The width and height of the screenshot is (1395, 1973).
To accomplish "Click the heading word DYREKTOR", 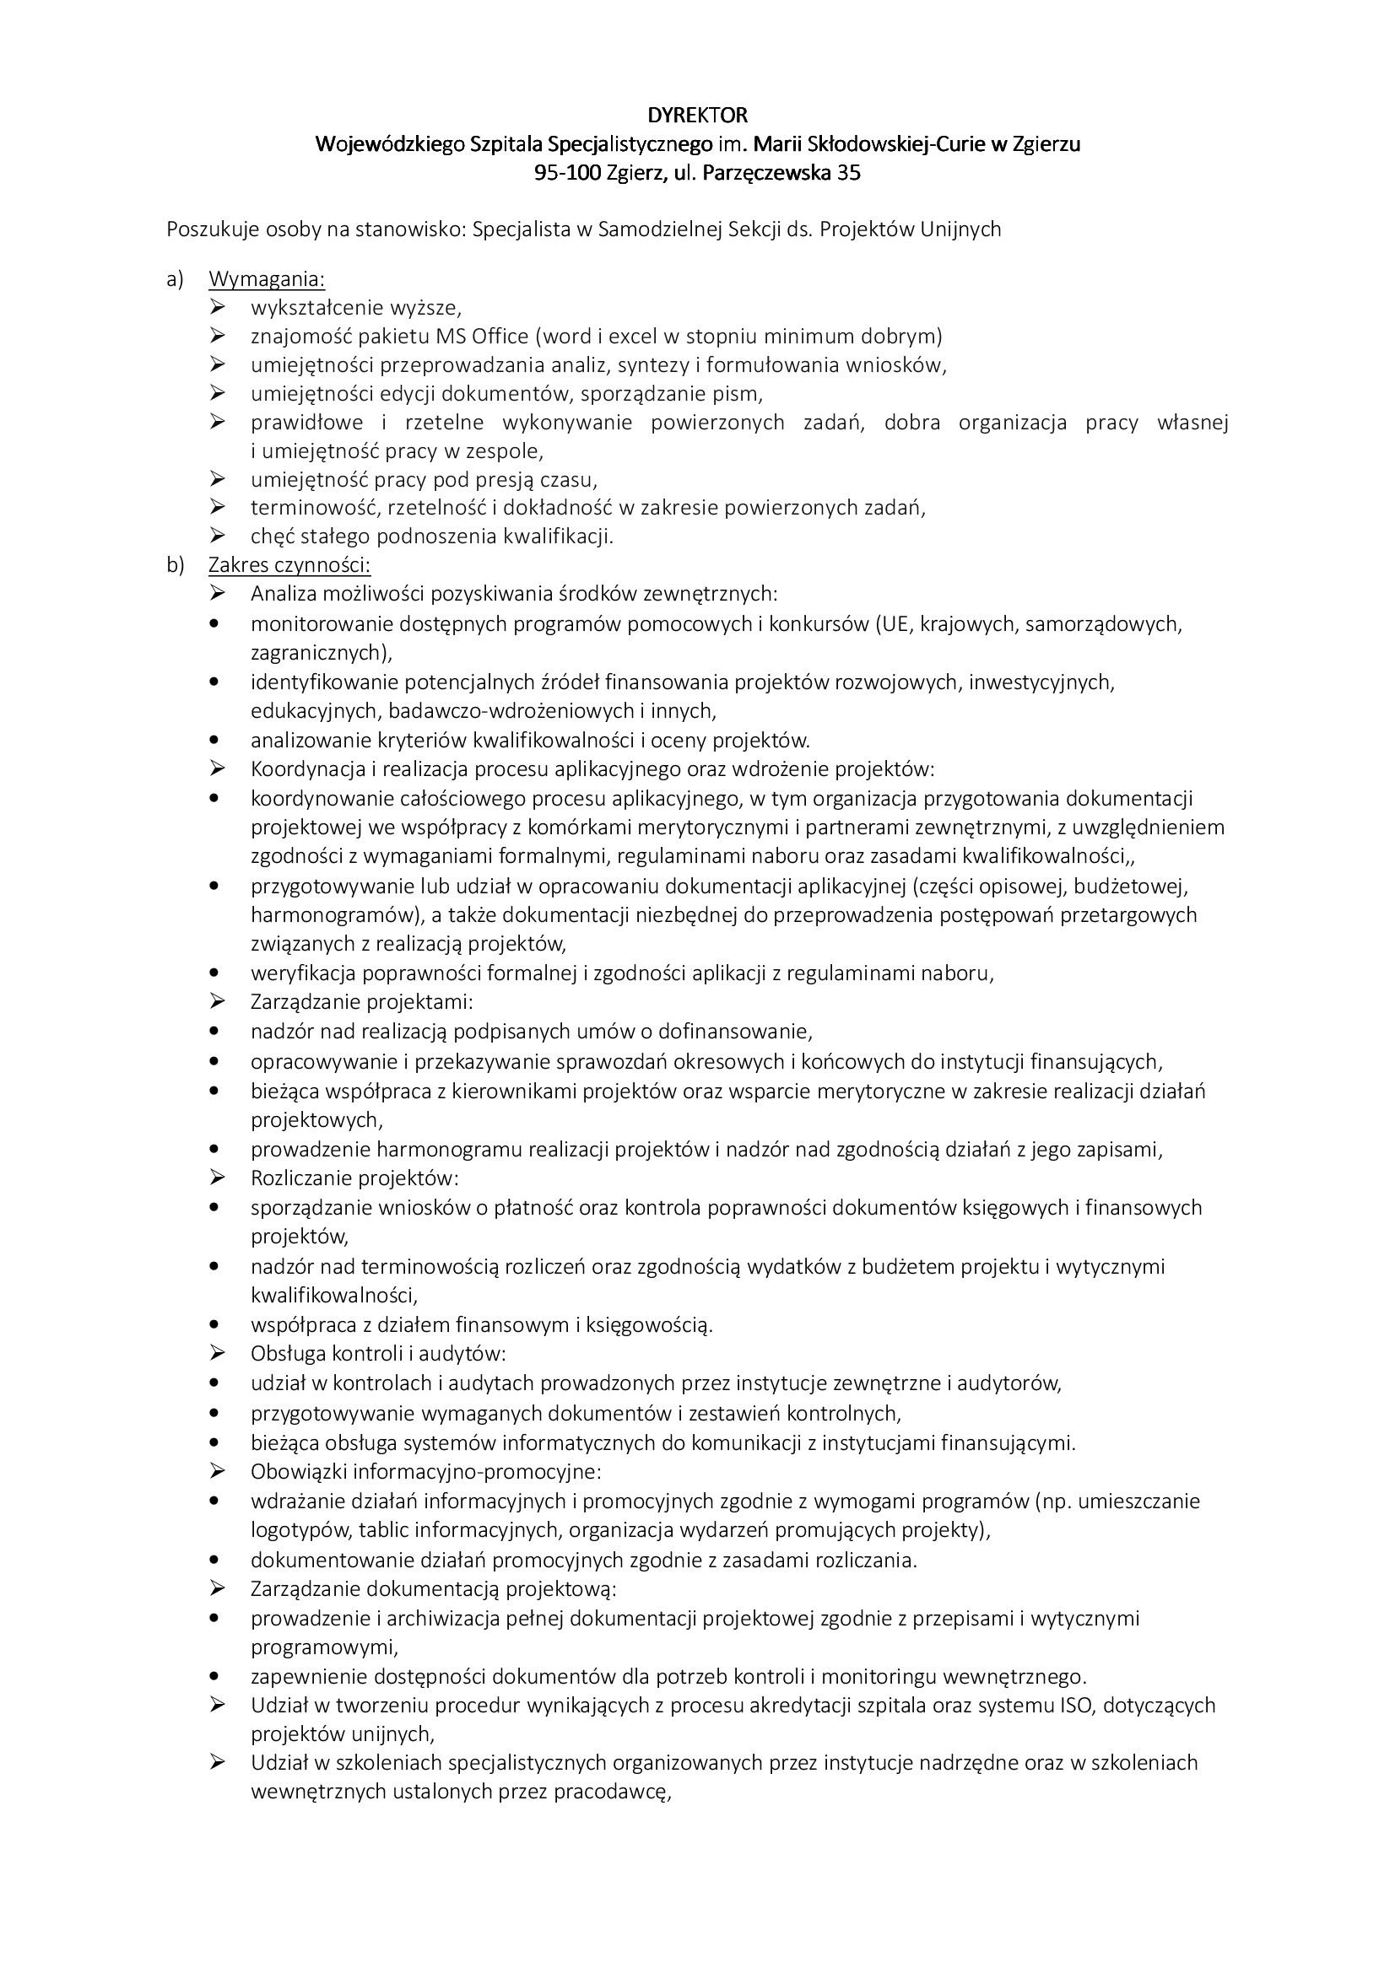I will (697, 114).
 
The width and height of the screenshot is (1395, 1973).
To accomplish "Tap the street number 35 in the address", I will (847, 174).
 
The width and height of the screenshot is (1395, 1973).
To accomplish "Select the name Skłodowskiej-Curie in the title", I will (873, 143).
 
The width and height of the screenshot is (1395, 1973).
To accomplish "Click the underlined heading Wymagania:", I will (267, 279).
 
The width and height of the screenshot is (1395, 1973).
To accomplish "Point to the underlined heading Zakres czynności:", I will (289, 564).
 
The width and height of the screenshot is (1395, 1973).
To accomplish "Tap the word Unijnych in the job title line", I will (961, 229).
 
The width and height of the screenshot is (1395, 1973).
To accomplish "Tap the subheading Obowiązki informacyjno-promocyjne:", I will (425, 1471).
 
